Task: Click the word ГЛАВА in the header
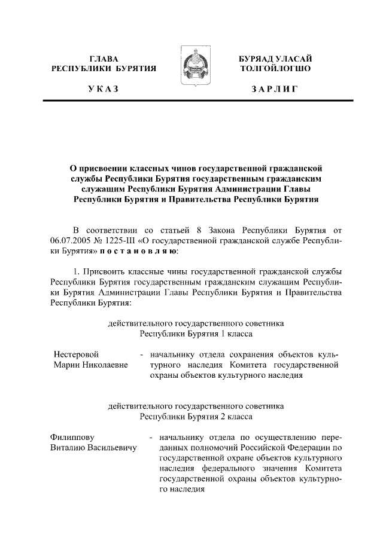point(104,59)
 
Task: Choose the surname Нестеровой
point(76,354)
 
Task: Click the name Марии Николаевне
point(90,365)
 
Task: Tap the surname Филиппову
point(74,436)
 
